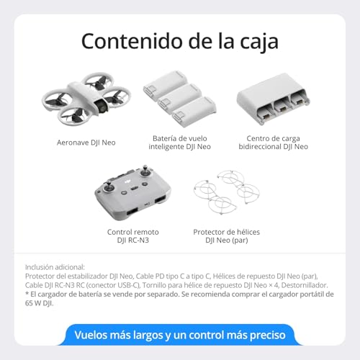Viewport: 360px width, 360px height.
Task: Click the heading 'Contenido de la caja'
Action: tap(179, 41)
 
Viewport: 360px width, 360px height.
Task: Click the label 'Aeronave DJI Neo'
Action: tap(87, 143)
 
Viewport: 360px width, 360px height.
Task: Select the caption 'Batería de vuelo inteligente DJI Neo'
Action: tap(181, 142)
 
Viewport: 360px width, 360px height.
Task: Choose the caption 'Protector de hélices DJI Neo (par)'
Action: tap(226, 236)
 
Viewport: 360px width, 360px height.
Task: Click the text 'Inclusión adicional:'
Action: tap(55, 266)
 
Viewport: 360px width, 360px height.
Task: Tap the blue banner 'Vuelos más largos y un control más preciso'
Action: tap(179, 335)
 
